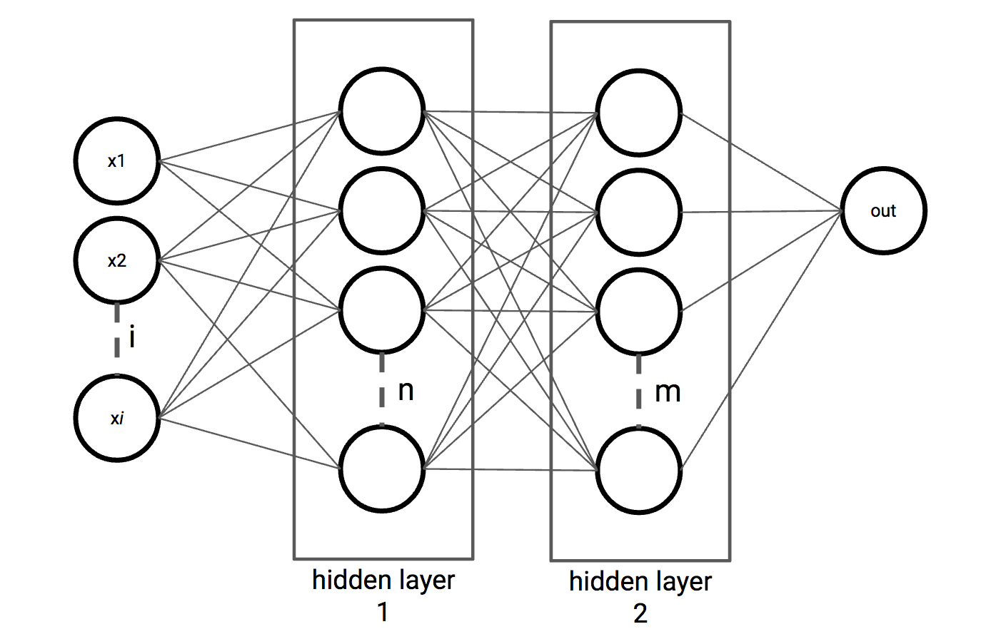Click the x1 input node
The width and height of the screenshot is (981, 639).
coord(116,161)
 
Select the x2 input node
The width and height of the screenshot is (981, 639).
coord(116,260)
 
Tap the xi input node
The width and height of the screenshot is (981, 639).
coord(116,418)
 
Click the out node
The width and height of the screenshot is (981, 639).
coord(883,211)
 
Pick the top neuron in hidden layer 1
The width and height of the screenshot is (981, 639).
coord(382,111)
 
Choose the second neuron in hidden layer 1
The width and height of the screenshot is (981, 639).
coord(382,211)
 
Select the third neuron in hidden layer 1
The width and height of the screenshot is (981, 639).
coord(382,310)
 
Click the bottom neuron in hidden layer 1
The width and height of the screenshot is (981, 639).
coord(382,469)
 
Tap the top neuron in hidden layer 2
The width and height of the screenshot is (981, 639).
coord(639,113)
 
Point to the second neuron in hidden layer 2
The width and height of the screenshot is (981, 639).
coord(639,213)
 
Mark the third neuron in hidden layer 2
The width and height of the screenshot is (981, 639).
coord(639,312)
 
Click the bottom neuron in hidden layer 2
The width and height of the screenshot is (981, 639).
coord(639,470)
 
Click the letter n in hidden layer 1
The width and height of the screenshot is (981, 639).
coord(406,390)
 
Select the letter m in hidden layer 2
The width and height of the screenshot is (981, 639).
coord(668,392)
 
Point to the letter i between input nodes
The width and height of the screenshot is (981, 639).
coord(133,336)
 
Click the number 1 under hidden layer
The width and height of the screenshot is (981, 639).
coord(383,612)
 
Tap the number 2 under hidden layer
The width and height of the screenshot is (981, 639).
coord(640,613)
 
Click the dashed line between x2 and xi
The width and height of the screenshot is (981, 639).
coord(117,339)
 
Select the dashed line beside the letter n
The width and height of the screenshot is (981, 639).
coord(382,389)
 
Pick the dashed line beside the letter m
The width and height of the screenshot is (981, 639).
coord(639,391)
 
